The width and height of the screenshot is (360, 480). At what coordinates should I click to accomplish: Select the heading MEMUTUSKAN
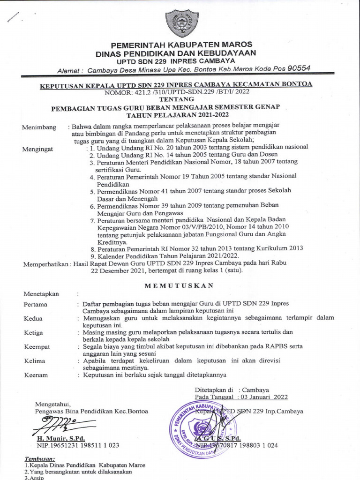(x=179, y=285)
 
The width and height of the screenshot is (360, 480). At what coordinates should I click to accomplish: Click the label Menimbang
(x=39, y=127)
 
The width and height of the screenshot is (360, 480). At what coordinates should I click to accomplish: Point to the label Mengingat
(x=39, y=149)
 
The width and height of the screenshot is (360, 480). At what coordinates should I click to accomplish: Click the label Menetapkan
(x=41, y=294)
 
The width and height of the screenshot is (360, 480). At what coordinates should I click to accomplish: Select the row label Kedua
(x=33, y=319)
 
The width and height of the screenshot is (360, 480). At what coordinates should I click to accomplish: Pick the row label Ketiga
(x=33, y=333)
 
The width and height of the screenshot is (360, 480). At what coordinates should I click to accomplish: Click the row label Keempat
(x=37, y=347)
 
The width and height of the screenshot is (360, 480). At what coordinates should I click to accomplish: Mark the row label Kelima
(x=34, y=361)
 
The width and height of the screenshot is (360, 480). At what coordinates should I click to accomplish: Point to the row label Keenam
(x=35, y=375)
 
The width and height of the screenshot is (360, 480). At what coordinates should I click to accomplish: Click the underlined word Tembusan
(x=39, y=458)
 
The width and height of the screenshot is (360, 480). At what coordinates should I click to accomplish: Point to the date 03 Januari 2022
(x=264, y=397)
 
